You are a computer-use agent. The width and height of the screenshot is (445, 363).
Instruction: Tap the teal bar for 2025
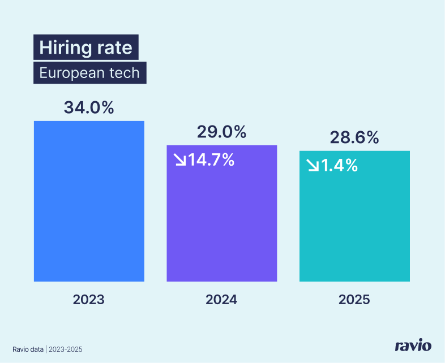(354, 226)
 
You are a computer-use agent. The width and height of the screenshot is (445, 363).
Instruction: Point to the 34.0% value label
(89, 107)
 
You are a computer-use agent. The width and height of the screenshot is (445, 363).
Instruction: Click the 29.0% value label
(221, 132)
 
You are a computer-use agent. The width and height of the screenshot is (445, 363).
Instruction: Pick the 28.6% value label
(354, 137)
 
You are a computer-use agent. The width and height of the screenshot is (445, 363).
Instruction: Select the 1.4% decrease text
(339, 165)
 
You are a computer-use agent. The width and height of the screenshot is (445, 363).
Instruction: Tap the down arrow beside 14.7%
(180, 161)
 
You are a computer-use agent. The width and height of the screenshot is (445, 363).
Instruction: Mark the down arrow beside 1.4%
(313, 166)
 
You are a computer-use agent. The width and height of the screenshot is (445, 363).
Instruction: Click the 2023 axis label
(89, 299)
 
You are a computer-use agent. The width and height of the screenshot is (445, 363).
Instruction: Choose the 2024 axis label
(221, 299)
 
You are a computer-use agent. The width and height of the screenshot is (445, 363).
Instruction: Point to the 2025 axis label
(354, 299)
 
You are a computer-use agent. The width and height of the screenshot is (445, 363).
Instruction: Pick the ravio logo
(413, 345)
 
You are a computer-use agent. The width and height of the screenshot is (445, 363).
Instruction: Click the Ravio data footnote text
(28, 349)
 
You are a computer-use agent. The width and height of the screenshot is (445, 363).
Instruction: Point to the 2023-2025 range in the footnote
(65, 349)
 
